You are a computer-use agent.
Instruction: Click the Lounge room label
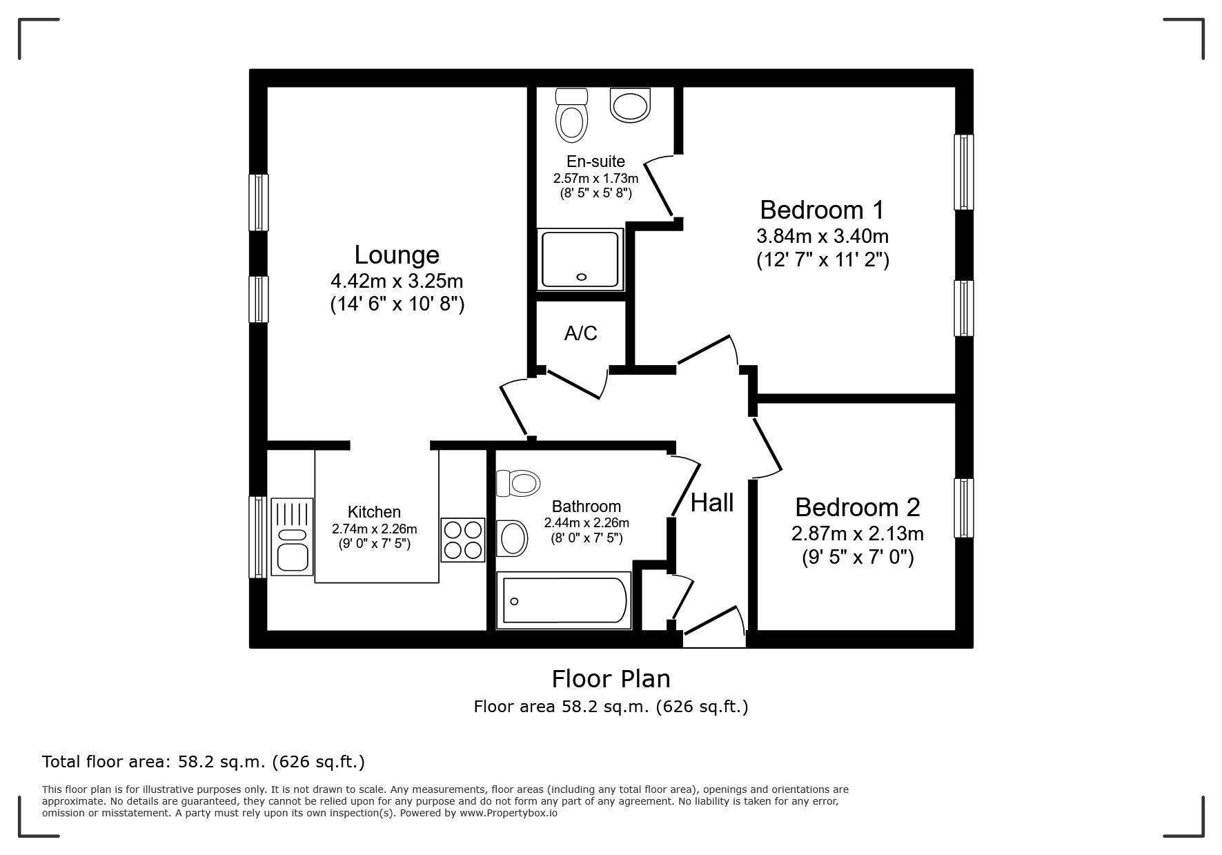pyautogui.click(x=397, y=255)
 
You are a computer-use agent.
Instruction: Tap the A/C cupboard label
pyautogui.click(x=580, y=333)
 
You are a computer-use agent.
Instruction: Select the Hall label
pyautogui.click(x=712, y=502)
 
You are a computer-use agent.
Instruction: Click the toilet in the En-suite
pyautogui.click(x=571, y=116)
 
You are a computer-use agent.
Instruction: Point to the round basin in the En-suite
pyautogui.click(x=630, y=105)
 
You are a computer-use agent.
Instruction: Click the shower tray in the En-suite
pyautogui.click(x=580, y=259)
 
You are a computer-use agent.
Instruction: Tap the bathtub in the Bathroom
pyautogui.click(x=564, y=601)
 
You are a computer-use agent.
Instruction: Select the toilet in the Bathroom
pyautogui.click(x=518, y=483)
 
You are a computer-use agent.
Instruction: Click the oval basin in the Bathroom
pyautogui.click(x=511, y=538)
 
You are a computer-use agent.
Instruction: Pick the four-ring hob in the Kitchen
pyautogui.click(x=463, y=540)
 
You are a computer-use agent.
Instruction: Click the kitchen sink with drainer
pyautogui.click(x=291, y=537)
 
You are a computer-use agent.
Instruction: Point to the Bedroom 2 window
pyautogui.click(x=963, y=508)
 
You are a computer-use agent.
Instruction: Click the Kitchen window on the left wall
pyautogui.click(x=257, y=537)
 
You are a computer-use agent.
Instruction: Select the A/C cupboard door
pyautogui.click(x=574, y=384)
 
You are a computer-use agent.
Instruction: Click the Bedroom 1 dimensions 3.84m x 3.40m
pyautogui.click(x=822, y=236)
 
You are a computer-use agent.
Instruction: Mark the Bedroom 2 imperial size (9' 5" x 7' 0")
pyautogui.click(x=857, y=557)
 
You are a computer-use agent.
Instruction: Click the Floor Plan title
pyautogui.click(x=611, y=679)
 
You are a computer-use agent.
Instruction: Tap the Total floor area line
pyautogui.click(x=204, y=762)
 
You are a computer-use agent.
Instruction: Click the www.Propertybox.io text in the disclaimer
pyautogui.click(x=509, y=813)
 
